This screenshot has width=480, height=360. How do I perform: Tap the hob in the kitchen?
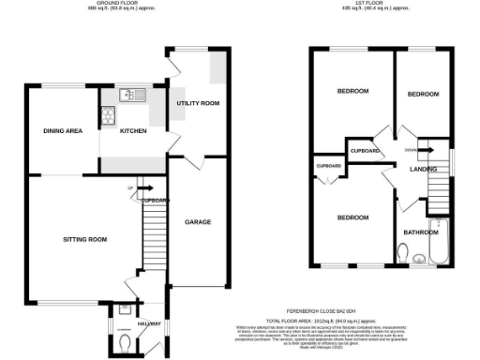pyautogui.click(x=108, y=118)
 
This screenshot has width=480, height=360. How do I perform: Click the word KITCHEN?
pyautogui.click(x=133, y=130)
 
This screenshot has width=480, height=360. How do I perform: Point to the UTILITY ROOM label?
pyautogui.click(x=198, y=102)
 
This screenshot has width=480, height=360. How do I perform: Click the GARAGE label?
pyautogui.click(x=197, y=222)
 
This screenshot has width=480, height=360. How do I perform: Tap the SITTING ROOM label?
pyautogui.click(x=82, y=240)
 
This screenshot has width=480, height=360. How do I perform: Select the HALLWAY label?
pyautogui.click(x=149, y=323)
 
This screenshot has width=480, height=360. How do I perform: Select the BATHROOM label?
pyautogui.click(x=420, y=232)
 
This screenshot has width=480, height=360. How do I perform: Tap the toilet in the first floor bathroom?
pyautogui.click(x=402, y=254)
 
